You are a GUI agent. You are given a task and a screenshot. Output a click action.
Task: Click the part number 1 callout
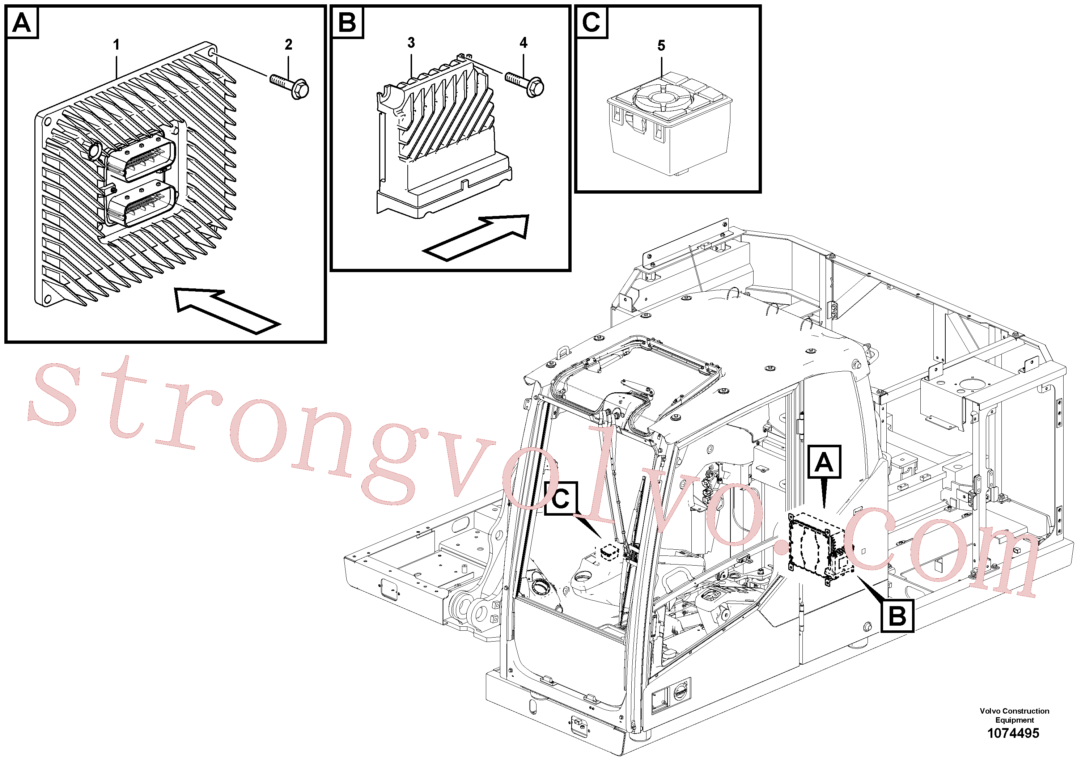pos(116,45)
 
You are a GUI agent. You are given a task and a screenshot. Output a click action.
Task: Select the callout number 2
pos(288,45)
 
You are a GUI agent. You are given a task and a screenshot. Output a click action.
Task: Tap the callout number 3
pos(411,43)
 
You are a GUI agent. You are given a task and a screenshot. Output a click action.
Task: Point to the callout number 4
pos(523,43)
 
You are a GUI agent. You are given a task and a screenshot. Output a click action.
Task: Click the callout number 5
pos(661,46)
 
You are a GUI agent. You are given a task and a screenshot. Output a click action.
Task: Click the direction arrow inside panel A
pos(228,310)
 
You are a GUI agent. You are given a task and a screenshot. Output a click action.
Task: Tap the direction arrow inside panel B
pos(476,237)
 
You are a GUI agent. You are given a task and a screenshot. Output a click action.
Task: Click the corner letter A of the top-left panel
pos(22,22)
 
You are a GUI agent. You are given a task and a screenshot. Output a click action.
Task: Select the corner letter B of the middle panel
pos(347,22)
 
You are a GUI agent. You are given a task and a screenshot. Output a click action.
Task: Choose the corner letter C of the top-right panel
pos(591,22)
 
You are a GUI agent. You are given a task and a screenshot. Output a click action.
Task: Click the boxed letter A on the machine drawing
pos(824,462)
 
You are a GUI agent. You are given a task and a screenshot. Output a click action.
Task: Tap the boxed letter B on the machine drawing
pos(897,616)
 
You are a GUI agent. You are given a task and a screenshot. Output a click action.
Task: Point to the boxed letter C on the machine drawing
pos(560,498)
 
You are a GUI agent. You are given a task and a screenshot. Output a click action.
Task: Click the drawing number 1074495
pos(1013,733)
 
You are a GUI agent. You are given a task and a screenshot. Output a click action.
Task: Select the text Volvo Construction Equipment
pos(1014,715)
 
